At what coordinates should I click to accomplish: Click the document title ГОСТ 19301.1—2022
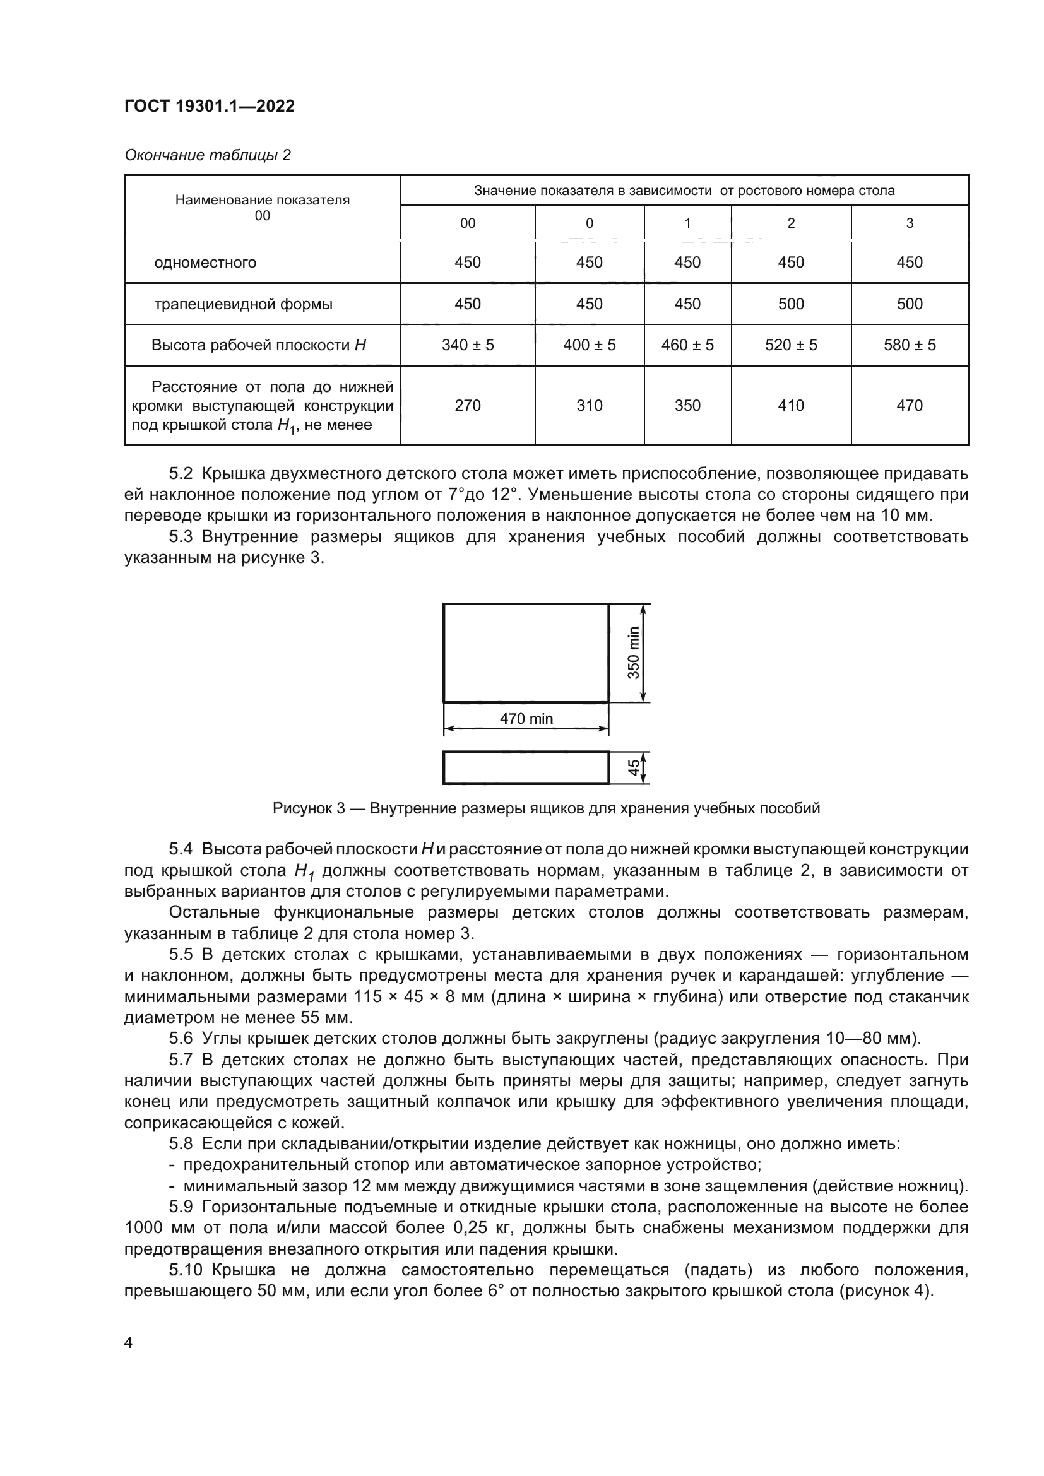[x=209, y=106]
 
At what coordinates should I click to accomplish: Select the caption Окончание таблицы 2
[x=207, y=155]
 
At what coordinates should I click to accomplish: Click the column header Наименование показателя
[x=263, y=200]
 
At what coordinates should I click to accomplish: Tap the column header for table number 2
[x=791, y=223]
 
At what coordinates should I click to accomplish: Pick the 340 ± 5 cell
[x=467, y=345]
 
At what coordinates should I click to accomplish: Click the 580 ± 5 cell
[x=909, y=345]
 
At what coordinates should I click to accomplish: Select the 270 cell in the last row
[x=467, y=406]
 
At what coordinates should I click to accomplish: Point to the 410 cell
[x=791, y=406]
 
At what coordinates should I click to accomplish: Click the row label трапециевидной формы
[x=243, y=304]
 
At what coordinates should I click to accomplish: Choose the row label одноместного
[x=205, y=263]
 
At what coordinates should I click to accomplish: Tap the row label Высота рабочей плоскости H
[x=258, y=345]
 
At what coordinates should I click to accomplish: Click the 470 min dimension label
[x=526, y=719]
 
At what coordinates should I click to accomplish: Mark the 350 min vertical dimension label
[x=634, y=652]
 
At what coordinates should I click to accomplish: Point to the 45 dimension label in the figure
[x=634, y=767]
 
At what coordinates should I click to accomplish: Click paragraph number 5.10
[x=185, y=1270]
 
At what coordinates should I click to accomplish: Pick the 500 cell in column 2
[x=791, y=304]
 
